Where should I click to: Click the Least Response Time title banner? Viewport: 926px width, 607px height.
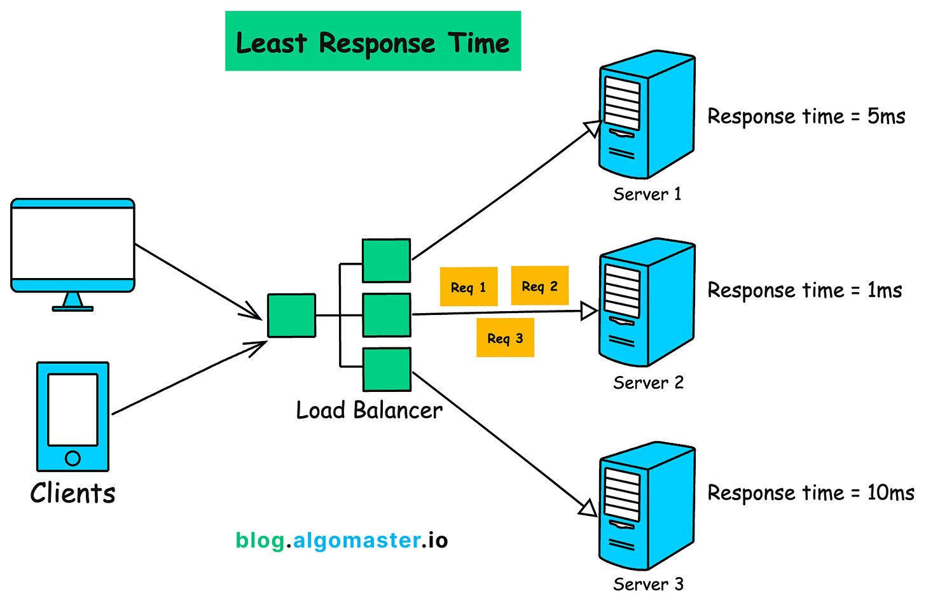point(373,41)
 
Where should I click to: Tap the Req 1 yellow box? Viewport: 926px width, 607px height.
point(468,287)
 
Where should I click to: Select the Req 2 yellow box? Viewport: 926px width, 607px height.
point(539,286)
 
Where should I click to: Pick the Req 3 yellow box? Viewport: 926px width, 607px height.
point(505,338)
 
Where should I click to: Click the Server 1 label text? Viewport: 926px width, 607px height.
point(647,194)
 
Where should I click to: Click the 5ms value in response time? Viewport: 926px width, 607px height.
point(886,116)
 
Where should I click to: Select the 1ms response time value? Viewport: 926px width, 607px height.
point(884,290)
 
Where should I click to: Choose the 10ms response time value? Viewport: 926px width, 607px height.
point(890,492)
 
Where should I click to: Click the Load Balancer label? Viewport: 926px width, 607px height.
point(369,410)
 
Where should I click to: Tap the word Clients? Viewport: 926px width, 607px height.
point(73,493)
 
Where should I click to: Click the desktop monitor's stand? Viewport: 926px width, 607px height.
point(73,302)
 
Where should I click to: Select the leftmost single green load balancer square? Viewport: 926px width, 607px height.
point(291,315)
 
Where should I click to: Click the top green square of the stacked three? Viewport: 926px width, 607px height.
point(386,260)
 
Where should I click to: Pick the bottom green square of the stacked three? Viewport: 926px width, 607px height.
point(387,369)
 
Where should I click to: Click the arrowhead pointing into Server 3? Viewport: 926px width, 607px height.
point(589,508)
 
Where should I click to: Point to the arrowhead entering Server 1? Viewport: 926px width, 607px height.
point(593,128)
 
